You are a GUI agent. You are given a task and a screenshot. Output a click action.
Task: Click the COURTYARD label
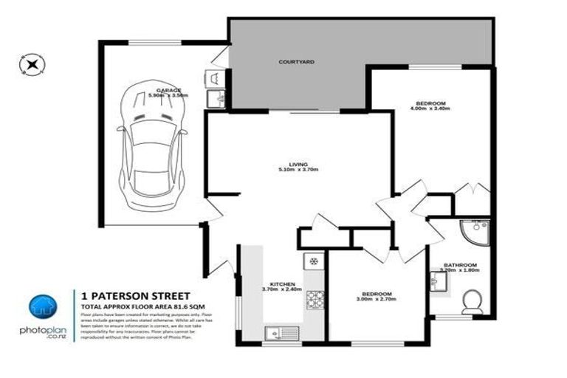tap(296, 62)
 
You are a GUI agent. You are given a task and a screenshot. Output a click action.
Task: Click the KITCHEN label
tap(283, 284)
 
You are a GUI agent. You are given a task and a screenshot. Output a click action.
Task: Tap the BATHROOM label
tap(460, 265)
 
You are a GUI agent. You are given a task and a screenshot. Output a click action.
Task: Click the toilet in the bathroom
tap(471, 301)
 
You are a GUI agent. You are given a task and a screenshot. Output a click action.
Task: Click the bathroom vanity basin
tap(435, 280)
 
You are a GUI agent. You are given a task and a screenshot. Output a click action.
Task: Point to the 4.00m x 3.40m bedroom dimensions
tap(430, 109)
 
